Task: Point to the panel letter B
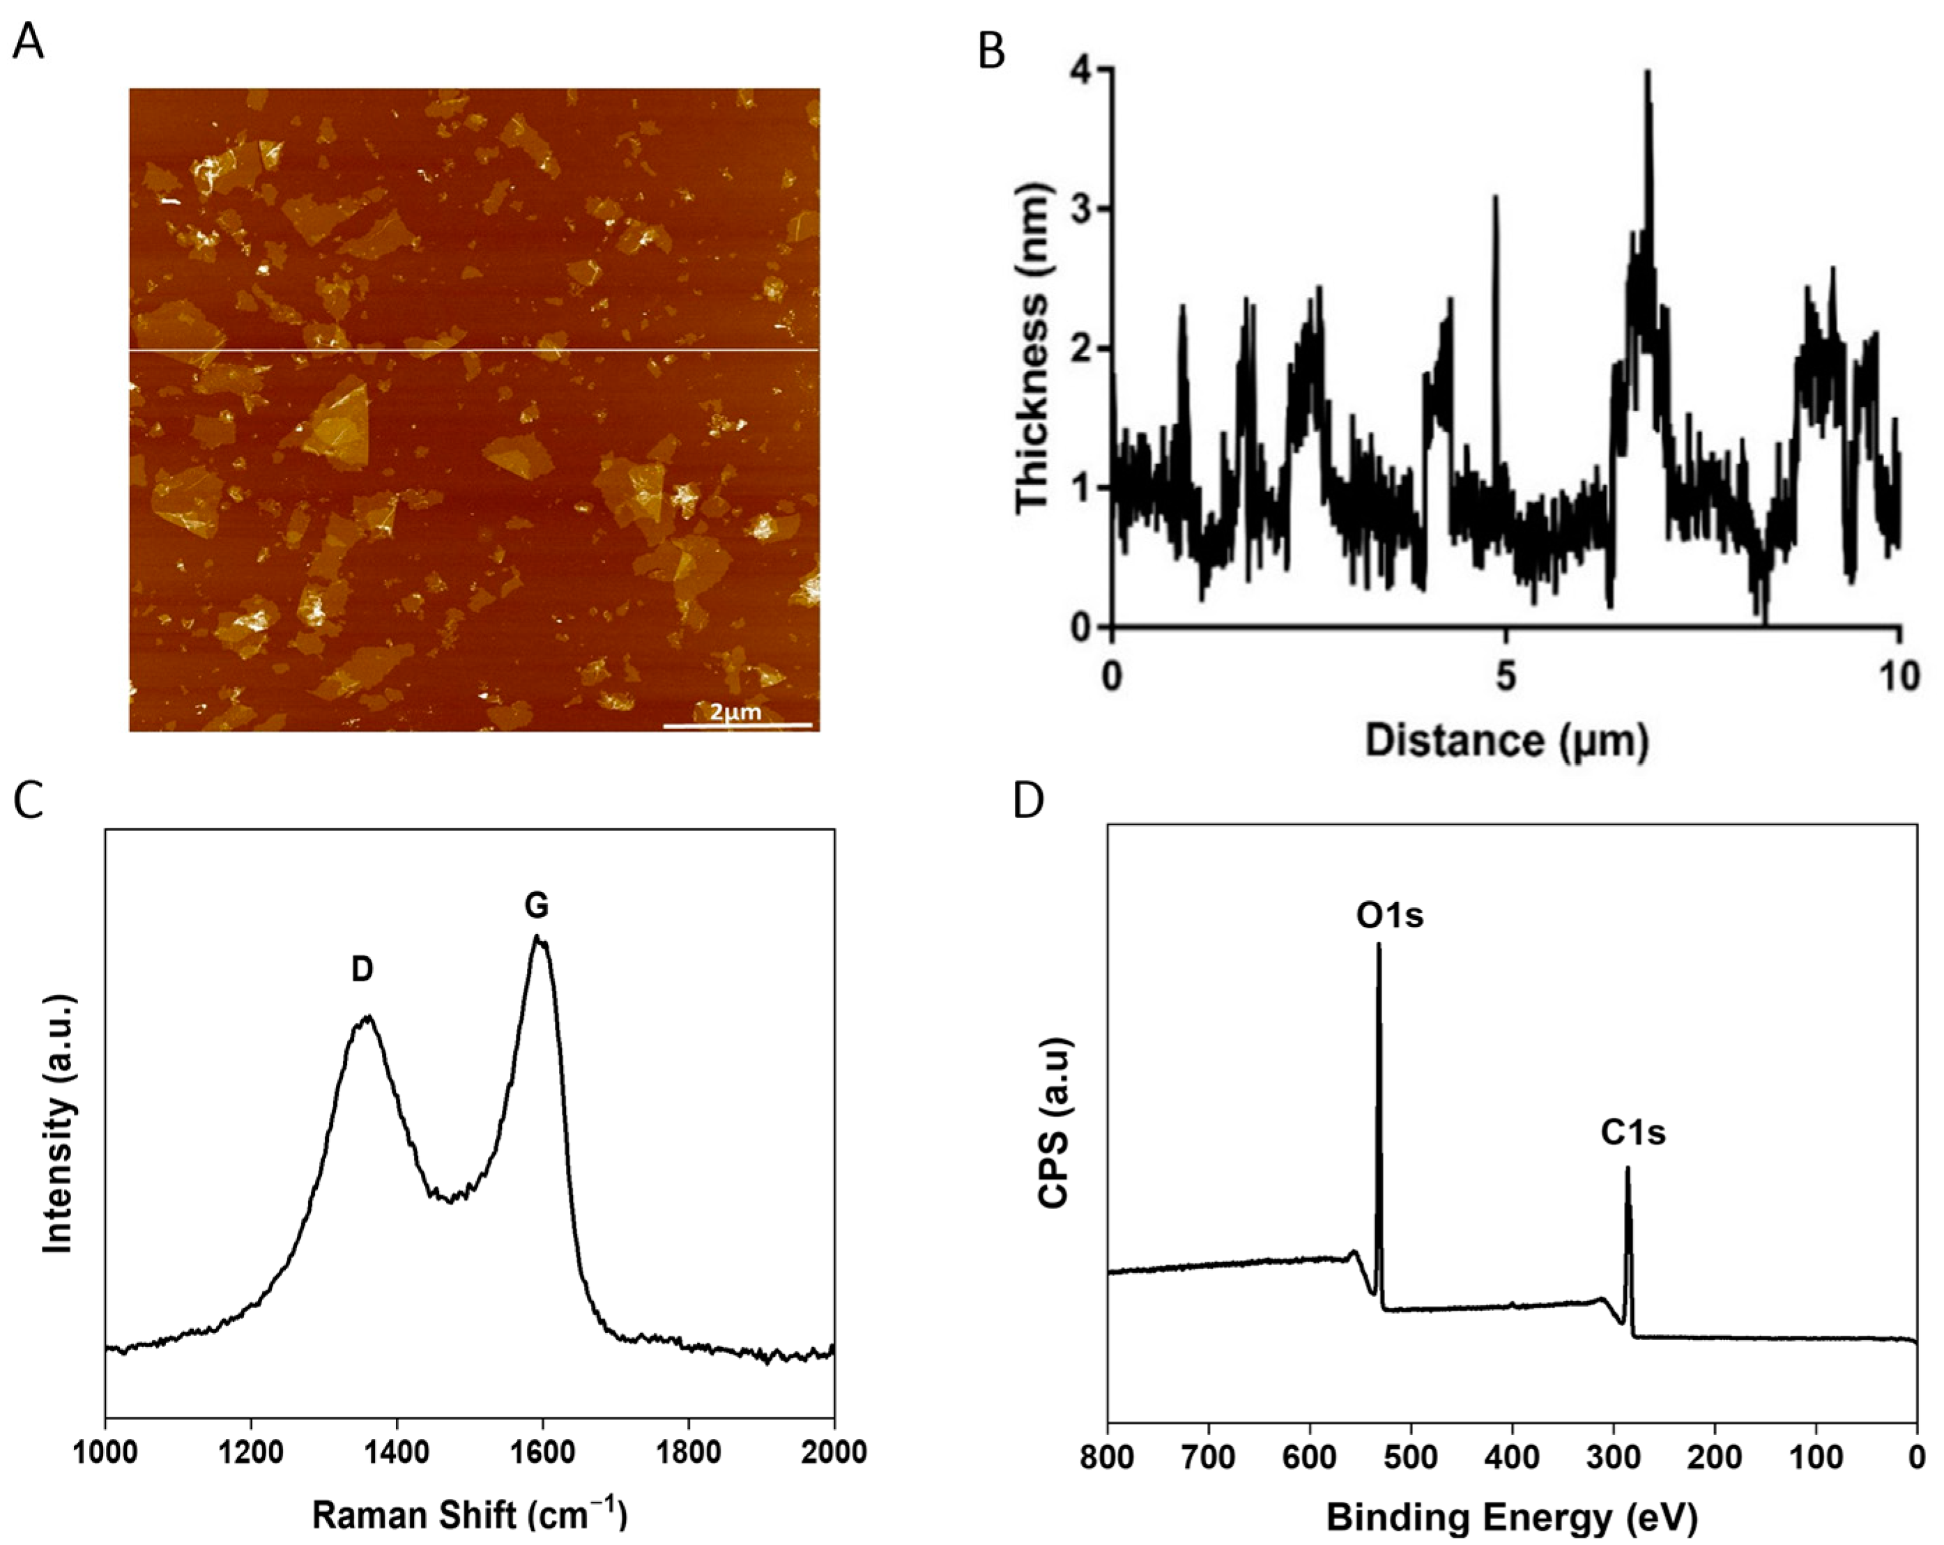pos(991,52)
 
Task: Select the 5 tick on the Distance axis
pos(1505,676)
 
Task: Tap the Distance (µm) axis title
pos(1507,740)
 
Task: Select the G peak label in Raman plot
pos(537,905)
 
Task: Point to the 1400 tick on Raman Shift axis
pos(397,1452)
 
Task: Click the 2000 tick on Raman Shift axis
pos(833,1452)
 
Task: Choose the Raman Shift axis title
pos(469,1514)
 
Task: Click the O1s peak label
pos(1389,915)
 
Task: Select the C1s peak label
pos(1633,1132)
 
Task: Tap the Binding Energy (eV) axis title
pos(1512,1517)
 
